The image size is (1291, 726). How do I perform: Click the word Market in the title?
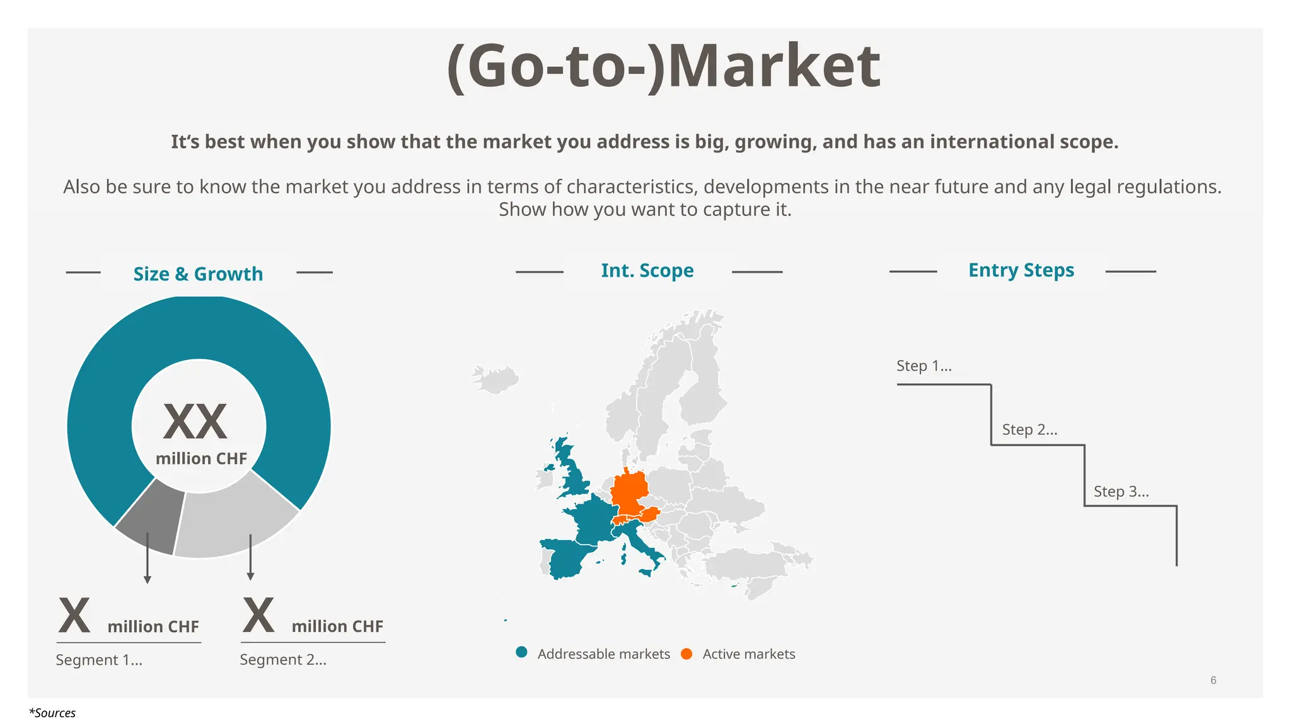click(774, 67)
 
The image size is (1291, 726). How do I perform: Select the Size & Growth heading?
click(198, 274)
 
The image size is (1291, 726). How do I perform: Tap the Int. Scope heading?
click(647, 270)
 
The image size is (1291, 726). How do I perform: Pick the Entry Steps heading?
click(1021, 270)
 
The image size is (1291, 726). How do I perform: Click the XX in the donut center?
click(195, 422)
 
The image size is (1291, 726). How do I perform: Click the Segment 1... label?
click(99, 660)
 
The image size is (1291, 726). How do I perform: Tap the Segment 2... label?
click(283, 660)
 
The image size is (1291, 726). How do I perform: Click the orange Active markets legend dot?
click(686, 654)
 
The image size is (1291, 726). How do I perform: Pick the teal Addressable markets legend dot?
click(521, 653)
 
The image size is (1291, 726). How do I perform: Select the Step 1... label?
click(923, 366)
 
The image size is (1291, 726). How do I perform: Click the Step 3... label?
click(1121, 492)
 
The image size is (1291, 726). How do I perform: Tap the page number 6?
click(1213, 680)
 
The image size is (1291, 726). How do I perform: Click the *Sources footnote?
click(52, 713)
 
